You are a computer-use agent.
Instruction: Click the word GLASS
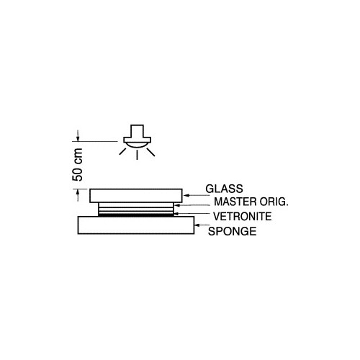(x=224, y=189)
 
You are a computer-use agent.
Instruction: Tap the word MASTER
(x=235, y=202)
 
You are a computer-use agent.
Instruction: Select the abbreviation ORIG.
(x=274, y=202)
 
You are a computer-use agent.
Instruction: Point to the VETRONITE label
(x=243, y=217)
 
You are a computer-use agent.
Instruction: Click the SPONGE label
(x=232, y=231)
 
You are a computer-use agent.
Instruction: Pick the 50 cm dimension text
(x=78, y=165)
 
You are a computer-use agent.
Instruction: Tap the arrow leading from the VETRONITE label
(x=192, y=214)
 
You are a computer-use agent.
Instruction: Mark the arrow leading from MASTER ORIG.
(x=193, y=205)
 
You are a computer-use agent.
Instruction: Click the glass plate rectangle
(x=136, y=196)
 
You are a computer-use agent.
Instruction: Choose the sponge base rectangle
(x=136, y=225)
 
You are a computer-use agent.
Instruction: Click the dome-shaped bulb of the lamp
(x=137, y=145)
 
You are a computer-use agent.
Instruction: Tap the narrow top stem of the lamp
(x=137, y=131)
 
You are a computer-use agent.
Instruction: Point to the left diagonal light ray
(x=122, y=151)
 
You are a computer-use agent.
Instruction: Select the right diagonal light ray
(x=151, y=152)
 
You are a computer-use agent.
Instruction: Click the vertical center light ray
(x=137, y=155)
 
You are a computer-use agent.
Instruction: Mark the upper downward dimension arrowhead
(x=78, y=138)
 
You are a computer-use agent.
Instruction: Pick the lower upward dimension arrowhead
(x=78, y=192)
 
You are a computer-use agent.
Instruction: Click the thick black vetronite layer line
(x=136, y=215)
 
